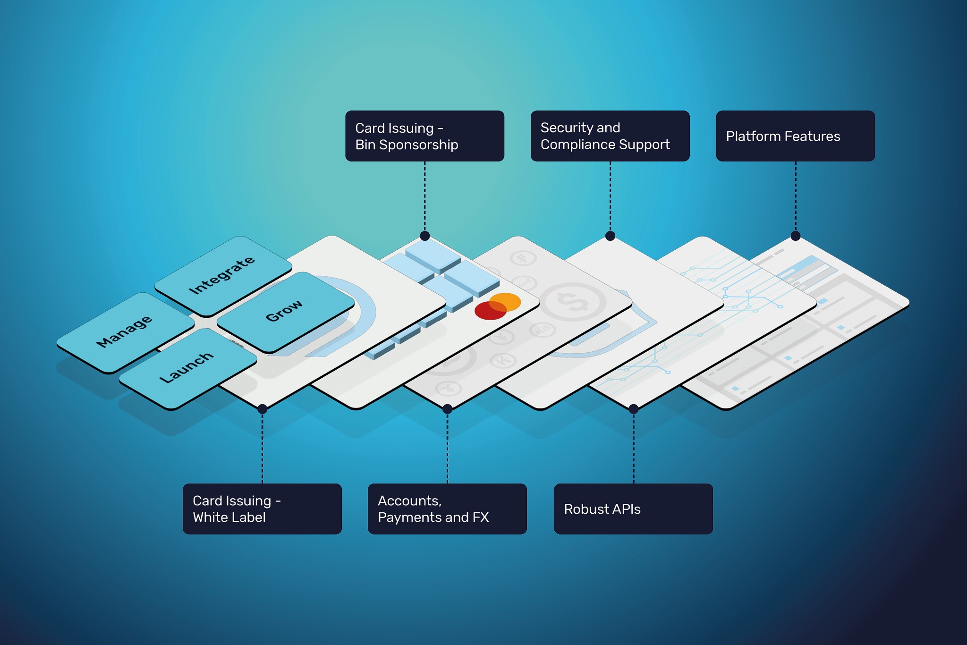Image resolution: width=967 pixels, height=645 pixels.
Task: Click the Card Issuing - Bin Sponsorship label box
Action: pos(424,136)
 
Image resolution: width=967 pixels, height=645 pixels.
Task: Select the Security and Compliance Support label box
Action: pos(610,136)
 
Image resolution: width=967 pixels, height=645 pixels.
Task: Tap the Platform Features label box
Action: pos(795,136)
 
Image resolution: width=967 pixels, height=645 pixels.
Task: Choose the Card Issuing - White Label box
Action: pos(262,509)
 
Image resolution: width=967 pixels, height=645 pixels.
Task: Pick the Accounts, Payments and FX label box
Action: pos(447,509)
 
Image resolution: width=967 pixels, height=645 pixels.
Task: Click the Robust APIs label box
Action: pos(633,509)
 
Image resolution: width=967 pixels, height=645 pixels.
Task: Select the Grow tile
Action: pos(285,312)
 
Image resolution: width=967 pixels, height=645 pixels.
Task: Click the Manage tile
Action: pos(125,332)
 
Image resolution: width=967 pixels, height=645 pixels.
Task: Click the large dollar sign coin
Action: pos(572,302)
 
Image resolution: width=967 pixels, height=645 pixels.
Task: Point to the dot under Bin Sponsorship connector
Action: pos(424,236)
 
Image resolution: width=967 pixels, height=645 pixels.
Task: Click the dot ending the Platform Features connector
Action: pos(796,236)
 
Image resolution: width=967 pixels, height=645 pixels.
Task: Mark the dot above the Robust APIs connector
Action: pos(634,409)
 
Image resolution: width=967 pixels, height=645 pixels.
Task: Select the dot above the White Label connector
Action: pos(263,409)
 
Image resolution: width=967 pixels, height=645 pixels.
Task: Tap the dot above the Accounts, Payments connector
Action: pos(447,409)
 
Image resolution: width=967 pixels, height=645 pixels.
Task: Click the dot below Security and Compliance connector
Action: pos(610,236)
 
